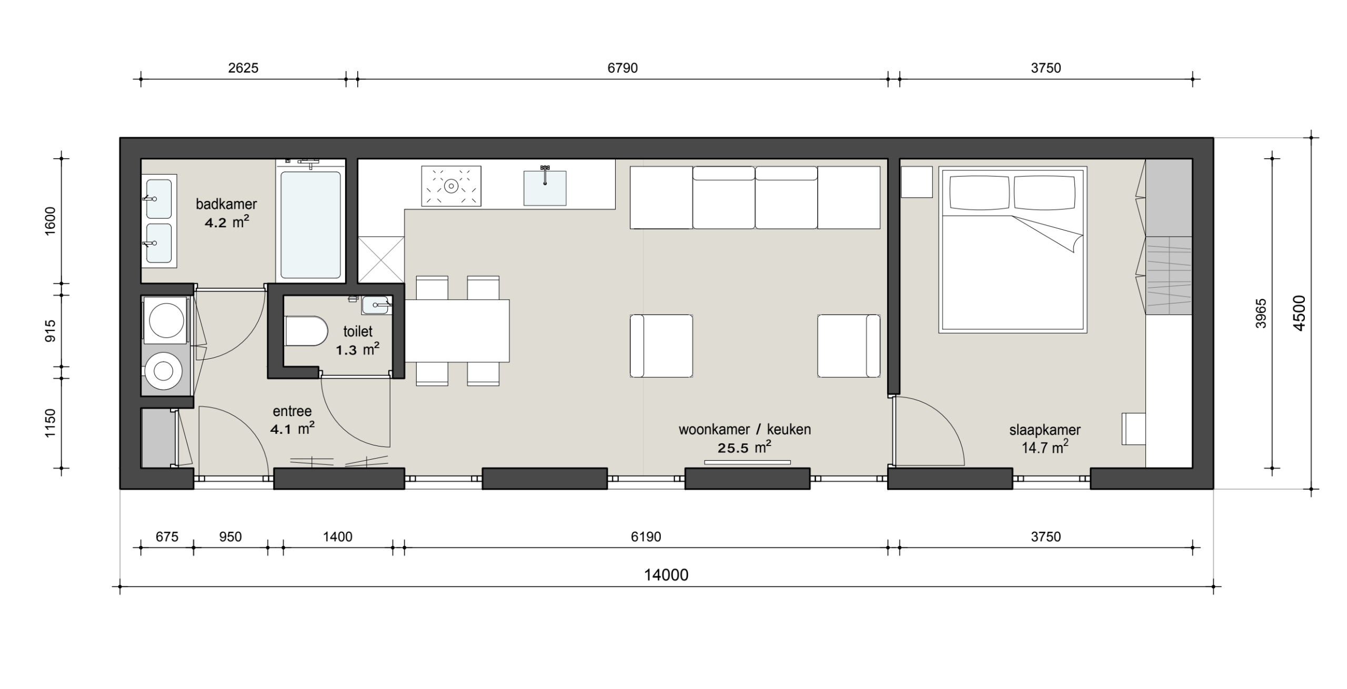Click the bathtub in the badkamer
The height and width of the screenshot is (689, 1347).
(310, 225)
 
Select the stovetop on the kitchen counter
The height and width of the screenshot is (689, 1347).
(451, 186)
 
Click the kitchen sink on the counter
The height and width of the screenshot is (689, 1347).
(545, 187)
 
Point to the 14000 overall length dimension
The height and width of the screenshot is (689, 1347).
(666, 575)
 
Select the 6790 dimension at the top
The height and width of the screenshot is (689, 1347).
(622, 68)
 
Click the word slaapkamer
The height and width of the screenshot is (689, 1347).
(1045, 430)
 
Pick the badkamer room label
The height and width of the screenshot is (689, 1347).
(226, 204)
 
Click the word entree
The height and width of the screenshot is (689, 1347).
(292, 411)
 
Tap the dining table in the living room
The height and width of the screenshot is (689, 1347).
(457, 331)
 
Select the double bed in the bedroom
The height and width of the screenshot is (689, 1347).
(1013, 250)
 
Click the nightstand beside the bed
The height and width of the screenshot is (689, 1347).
(917, 182)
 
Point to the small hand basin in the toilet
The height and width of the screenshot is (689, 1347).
(377, 305)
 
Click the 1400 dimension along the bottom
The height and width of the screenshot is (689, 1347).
(338, 536)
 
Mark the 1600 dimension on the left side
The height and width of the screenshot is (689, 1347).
(51, 221)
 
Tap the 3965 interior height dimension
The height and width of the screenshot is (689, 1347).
(1261, 313)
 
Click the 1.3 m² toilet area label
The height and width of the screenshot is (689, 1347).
(358, 349)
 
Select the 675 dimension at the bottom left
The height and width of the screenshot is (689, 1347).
(167, 536)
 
